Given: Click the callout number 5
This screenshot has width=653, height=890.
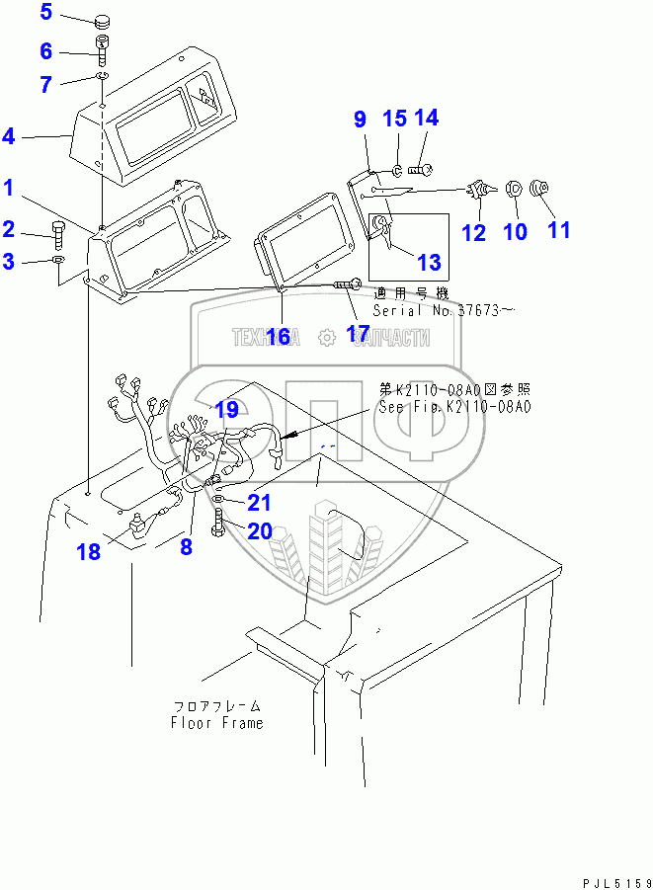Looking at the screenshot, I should pos(47,14).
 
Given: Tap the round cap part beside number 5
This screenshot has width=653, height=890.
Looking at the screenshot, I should pos(103,21).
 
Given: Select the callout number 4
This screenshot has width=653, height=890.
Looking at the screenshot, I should pos(9,135).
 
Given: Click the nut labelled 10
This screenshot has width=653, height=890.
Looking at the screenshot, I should pos(513,189).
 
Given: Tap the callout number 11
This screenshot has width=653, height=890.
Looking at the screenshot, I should pos(559,230).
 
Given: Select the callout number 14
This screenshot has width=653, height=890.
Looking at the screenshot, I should pos(426,119).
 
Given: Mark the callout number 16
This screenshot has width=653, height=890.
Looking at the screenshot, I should pos(278,336).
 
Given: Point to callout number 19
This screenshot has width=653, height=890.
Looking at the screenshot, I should pos(226,409).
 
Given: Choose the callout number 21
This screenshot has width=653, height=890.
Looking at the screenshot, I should pos(259,502).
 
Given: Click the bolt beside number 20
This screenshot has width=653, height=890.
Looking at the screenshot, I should pos(216,525).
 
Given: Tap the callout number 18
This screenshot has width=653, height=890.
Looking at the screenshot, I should pos(89,551).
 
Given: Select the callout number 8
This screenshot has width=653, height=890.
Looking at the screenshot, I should pos(186,545).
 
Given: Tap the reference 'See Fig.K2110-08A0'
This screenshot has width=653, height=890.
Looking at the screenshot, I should pos(453,406).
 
